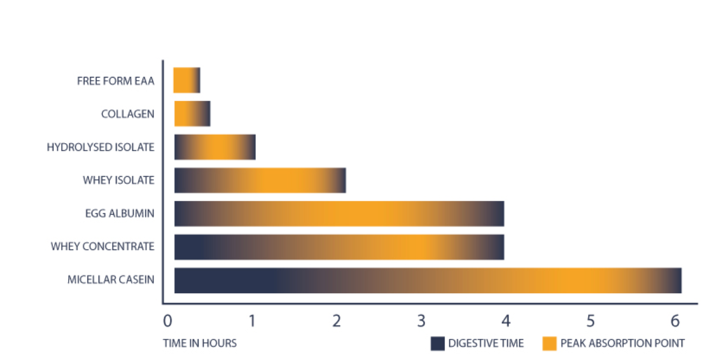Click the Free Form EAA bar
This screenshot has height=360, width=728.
click(186, 80)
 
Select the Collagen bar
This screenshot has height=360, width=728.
click(192, 114)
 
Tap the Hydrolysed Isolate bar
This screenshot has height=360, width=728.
click(214, 147)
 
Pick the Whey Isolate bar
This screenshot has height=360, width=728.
click(260, 180)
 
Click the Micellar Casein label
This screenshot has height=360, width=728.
click(111, 279)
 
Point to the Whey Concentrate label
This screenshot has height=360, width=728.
click(102, 246)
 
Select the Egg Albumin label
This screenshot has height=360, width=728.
click(120, 213)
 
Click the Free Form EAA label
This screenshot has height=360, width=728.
click(115, 81)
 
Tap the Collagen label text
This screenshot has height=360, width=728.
click(127, 114)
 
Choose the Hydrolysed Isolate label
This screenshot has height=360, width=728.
click(101, 147)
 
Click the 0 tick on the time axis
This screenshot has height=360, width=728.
click(167, 320)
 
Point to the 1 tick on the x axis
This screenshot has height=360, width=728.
click(252, 320)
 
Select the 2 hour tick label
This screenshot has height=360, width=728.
click(337, 320)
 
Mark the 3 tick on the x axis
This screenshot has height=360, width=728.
click(421, 320)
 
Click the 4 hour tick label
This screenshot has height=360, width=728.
click(506, 320)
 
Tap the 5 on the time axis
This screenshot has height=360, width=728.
click(591, 320)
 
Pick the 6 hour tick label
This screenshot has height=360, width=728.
click(675, 320)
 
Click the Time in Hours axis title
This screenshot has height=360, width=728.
click(200, 343)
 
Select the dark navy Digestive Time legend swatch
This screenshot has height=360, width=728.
click(437, 343)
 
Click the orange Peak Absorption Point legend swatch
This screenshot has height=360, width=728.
click(549, 343)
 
